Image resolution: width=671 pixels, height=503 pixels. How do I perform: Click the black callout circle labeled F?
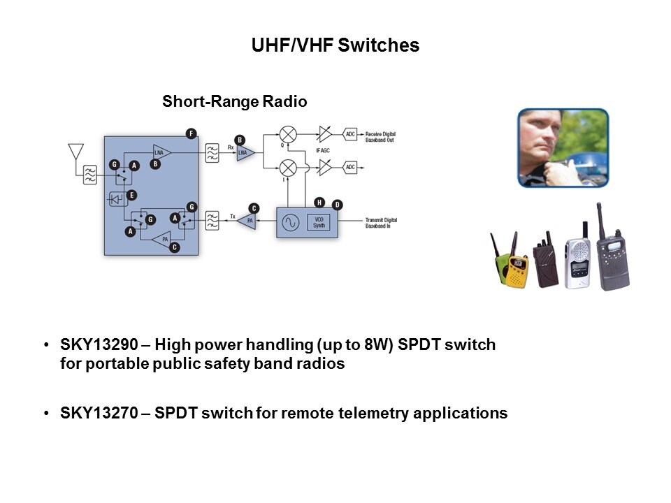coord(191,133)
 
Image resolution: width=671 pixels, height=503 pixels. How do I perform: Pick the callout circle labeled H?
coord(319,203)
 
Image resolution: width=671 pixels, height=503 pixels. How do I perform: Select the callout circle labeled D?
coord(338,205)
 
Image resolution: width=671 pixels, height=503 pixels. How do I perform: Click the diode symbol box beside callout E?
coord(116,199)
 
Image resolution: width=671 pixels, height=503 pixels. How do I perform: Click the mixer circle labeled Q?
coord(287,134)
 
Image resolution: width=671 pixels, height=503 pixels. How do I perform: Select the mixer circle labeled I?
coord(287,168)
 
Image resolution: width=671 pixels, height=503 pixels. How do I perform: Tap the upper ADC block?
coord(350,134)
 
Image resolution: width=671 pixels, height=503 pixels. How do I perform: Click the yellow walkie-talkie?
coord(517,270)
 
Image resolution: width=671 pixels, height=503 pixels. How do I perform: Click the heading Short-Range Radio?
coord(235,102)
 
